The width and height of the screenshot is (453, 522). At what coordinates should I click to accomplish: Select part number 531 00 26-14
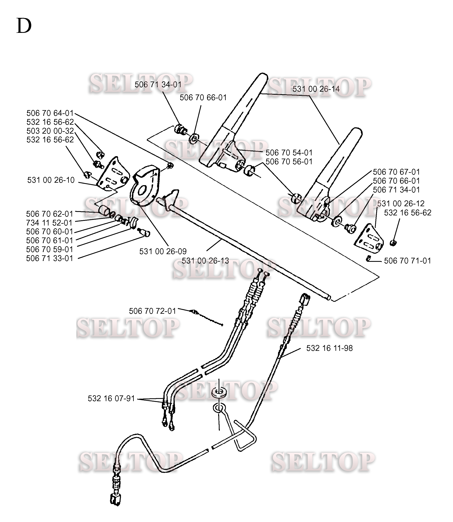tap(316, 89)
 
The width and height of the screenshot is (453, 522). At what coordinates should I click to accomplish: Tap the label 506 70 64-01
tap(50, 113)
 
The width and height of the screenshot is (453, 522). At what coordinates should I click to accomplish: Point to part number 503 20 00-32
tap(50, 131)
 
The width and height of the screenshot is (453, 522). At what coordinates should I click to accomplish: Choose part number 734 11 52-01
tap(49, 223)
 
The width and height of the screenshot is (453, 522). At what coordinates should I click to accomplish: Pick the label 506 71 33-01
tap(50, 258)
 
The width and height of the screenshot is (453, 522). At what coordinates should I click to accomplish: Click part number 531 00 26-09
tap(163, 251)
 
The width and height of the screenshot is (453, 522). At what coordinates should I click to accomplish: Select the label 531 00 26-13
tap(205, 261)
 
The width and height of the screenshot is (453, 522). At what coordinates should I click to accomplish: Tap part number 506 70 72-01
tap(152, 311)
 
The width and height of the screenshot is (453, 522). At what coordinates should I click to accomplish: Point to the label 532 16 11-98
tap(329, 348)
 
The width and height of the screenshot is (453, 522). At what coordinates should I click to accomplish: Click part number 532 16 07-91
tap(111, 398)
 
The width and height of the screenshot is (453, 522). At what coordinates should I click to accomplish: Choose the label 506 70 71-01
tap(408, 261)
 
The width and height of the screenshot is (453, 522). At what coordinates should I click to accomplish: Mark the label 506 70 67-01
tap(396, 172)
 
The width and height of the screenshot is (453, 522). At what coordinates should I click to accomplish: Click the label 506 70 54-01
tap(289, 153)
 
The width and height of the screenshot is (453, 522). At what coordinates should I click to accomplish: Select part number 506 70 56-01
tap(289, 161)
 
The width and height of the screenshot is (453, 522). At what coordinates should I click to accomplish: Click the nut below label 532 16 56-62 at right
tap(393, 243)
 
